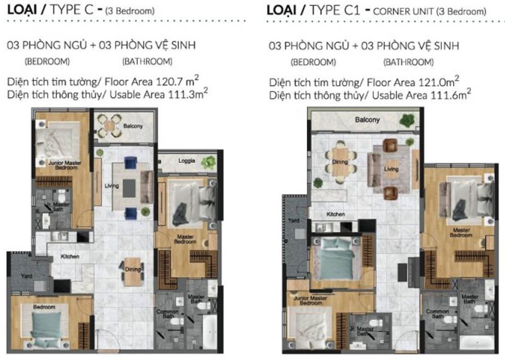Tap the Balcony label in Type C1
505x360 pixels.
coord(367,120)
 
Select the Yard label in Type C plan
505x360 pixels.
coord(27,276)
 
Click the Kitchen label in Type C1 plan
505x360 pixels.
coord(335,215)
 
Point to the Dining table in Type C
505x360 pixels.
coord(132,272)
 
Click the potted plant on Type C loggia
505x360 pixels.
coord(209,161)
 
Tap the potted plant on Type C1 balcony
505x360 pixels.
coord(407,120)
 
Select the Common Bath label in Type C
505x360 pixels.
coord(167,314)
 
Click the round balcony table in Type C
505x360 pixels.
coord(108,125)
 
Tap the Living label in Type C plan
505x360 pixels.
coord(111,185)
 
